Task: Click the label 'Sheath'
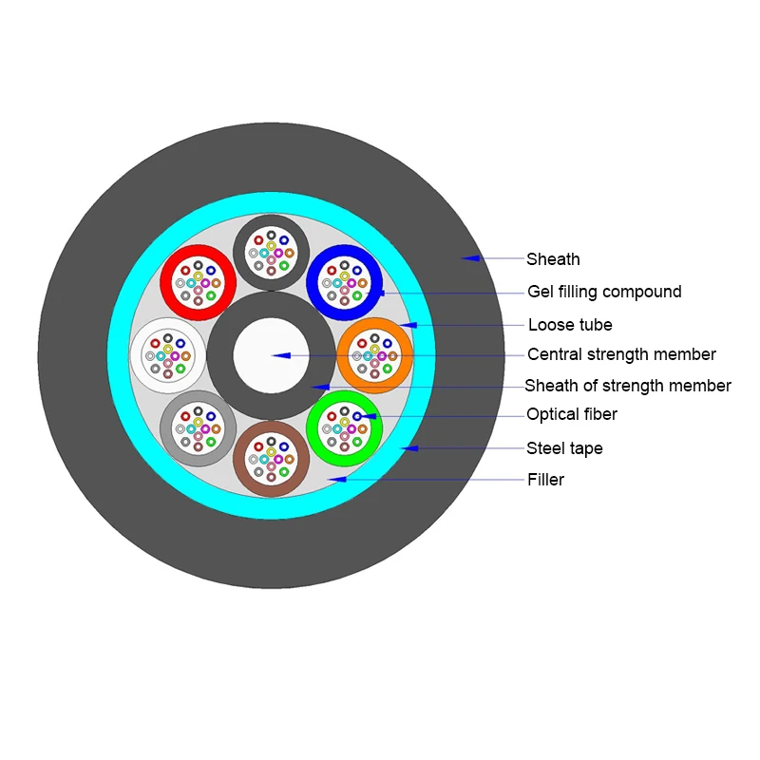553,259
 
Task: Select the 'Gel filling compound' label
604,292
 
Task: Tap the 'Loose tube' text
570,325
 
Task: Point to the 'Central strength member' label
621,354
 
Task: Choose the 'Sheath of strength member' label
628,386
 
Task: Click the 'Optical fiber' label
572,414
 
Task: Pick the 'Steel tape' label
564,448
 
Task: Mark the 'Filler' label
545,480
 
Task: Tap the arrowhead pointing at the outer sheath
469,258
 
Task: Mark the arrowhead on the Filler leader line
334,480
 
